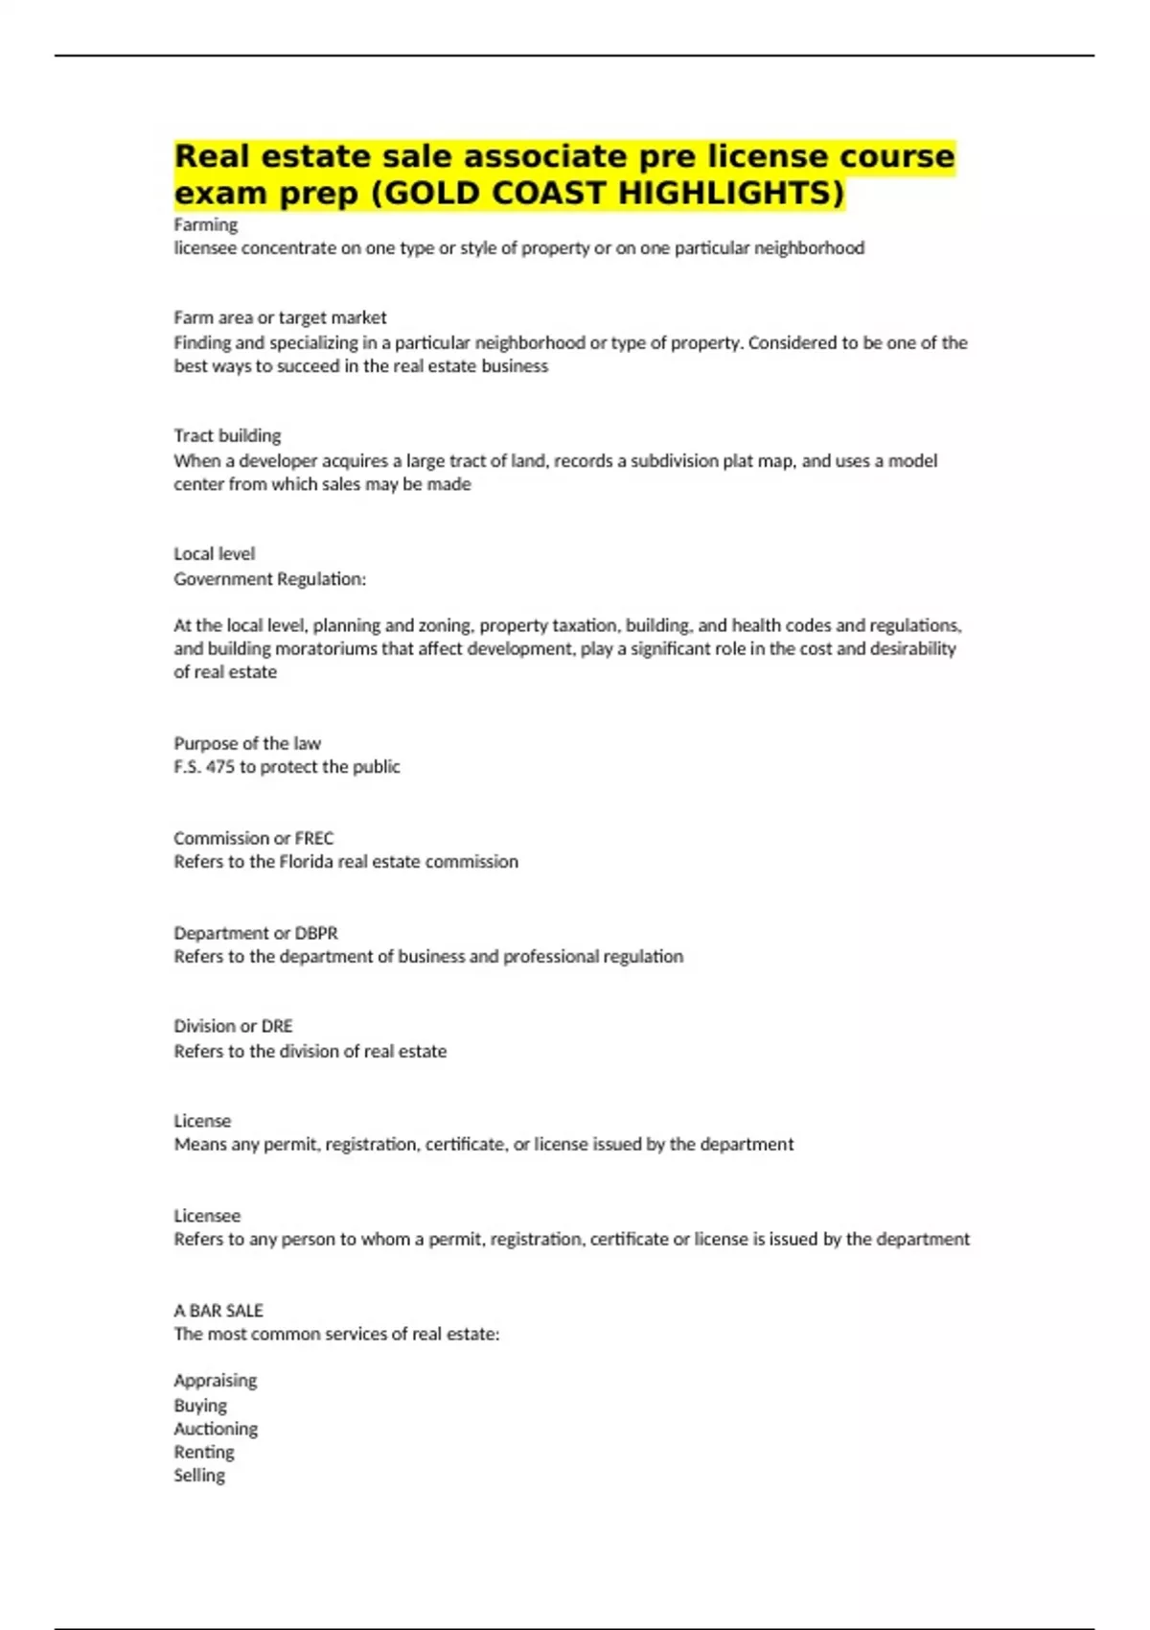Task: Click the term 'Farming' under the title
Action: [205, 224]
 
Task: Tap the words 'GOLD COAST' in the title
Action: [495, 193]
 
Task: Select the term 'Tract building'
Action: [227, 435]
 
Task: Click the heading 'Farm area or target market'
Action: [280, 317]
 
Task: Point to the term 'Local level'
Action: [214, 553]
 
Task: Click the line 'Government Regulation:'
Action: [269, 578]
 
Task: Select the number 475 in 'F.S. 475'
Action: [219, 766]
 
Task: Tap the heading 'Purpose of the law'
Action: [247, 743]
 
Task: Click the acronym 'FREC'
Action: [314, 838]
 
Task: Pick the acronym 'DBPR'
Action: [316, 933]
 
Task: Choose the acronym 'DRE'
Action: [277, 1026]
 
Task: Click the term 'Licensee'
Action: [207, 1216]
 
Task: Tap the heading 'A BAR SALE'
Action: [218, 1311]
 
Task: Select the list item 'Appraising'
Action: [216, 1381]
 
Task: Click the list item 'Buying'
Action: [200, 1406]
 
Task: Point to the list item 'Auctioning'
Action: [216, 1429]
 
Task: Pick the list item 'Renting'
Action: [204, 1452]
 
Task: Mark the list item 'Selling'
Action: [199, 1476]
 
